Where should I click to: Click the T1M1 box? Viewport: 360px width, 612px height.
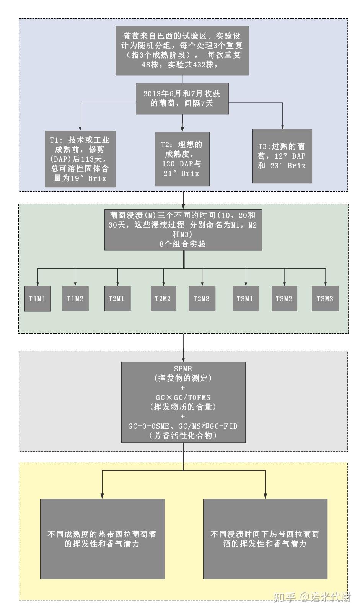coord(37,299)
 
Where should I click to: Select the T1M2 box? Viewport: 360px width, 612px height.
coord(75,299)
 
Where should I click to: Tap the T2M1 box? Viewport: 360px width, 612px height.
coord(117,299)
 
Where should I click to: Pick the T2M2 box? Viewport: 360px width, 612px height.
coord(163,299)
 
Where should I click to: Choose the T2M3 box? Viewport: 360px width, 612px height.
coord(202,299)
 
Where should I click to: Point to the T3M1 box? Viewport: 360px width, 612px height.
coord(245,299)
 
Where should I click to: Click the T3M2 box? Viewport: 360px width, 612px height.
coord(284,299)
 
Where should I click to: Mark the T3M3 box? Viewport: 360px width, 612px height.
coord(325,299)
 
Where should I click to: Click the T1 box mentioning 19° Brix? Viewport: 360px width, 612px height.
coord(80,159)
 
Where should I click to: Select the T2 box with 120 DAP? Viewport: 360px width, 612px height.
coord(182,159)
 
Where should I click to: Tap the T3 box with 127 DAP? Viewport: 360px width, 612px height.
coord(282,156)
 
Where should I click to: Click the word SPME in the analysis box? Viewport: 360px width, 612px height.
coord(183,369)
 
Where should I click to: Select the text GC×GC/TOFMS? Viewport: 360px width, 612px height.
coord(183,397)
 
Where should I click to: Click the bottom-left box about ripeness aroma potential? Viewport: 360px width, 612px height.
coord(102,539)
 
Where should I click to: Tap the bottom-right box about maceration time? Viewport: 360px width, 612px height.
coord(265,539)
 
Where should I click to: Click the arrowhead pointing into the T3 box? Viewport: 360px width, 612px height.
coord(283,127)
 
